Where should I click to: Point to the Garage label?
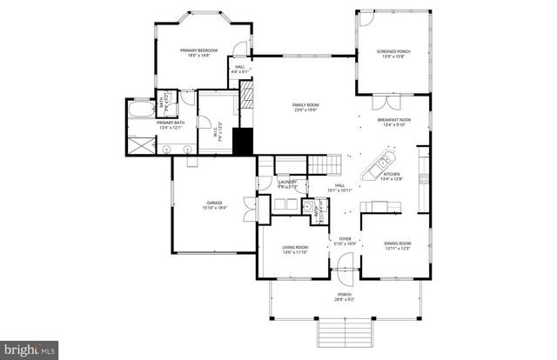coord(214,205)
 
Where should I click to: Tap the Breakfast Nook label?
coord(394,123)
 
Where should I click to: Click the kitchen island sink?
coord(383,163)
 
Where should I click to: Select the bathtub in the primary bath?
coord(138,112)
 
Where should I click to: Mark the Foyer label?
coord(346,241)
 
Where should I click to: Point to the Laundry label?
coord(288,183)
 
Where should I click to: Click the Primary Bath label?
coord(170,125)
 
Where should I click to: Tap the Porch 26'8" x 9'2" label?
coord(346,297)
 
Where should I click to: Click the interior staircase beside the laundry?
coord(325,163)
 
